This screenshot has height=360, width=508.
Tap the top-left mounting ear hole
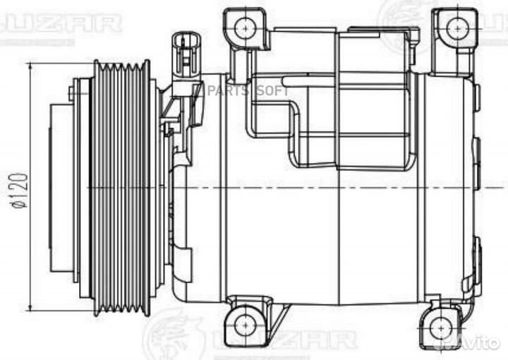pyautogui.click(x=245, y=28)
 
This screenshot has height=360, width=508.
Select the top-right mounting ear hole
pyautogui.click(x=453, y=28)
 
